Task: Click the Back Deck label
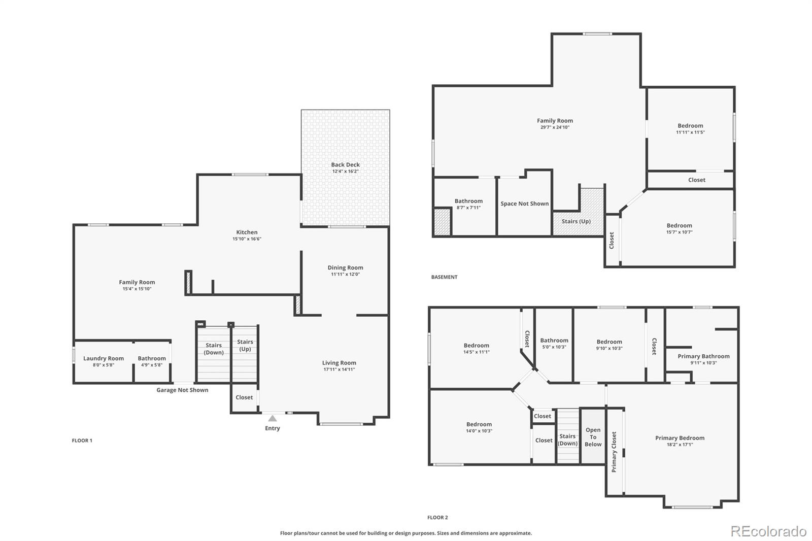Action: point(345,164)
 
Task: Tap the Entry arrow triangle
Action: point(273,418)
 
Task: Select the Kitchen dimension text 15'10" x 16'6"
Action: point(247,239)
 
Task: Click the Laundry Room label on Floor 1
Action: point(104,358)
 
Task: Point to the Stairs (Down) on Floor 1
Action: point(214,349)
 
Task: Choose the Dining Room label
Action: point(345,267)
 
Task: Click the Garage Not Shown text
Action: point(182,390)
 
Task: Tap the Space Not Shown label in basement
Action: point(524,204)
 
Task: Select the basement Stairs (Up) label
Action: point(576,221)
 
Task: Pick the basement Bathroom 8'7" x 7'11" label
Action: point(468,201)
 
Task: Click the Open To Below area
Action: point(593,437)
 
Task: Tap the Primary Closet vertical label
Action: point(614,452)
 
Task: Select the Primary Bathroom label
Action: point(703,356)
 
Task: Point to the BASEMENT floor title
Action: point(444,277)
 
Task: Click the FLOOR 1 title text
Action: point(82,441)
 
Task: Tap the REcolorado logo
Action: point(768,531)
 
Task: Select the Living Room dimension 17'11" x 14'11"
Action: point(339,369)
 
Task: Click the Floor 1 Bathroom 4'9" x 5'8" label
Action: point(152,358)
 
